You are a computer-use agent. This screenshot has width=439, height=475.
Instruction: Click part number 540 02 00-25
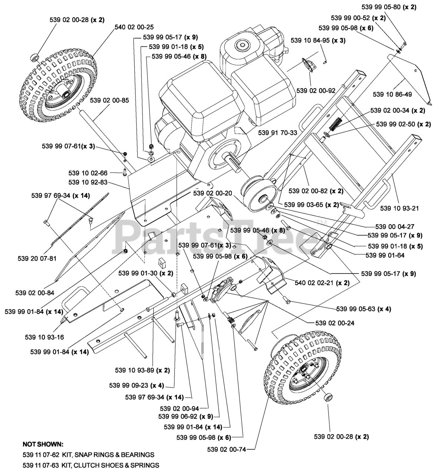[x=134, y=27]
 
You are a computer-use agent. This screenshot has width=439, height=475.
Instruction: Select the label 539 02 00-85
[x=109, y=101]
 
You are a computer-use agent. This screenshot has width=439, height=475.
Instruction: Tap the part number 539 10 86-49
[x=392, y=95]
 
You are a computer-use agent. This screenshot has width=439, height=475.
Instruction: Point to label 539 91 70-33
[x=278, y=132]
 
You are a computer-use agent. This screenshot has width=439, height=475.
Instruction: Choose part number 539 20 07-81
[x=37, y=258]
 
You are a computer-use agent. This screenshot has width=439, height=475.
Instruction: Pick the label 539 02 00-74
[x=227, y=450]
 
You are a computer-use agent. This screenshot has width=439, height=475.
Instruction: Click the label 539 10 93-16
[x=45, y=337]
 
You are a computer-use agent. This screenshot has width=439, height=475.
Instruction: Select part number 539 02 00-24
[x=335, y=323]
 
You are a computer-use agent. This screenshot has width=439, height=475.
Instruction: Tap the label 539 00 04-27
[x=395, y=226]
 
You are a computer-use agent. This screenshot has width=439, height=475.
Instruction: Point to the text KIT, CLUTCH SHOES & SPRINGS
[x=110, y=465]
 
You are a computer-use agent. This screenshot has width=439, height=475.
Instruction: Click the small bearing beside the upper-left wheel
[x=34, y=58]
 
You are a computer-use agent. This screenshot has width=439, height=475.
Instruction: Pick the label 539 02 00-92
[x=316, y=91]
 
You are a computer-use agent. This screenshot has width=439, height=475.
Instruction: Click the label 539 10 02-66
[x=88, y=173]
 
